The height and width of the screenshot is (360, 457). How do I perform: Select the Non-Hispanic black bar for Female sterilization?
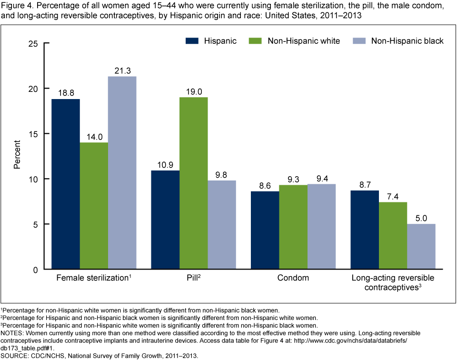(122, 172)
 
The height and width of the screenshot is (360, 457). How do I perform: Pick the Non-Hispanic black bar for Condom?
(321, 226)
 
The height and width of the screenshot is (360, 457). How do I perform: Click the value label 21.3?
(122, 70)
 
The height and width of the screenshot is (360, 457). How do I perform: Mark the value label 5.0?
(421, 218)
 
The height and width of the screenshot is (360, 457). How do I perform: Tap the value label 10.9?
(165, 164)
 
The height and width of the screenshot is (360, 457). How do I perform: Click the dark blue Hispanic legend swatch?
(192, 41)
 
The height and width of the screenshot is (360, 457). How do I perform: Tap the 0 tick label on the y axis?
(35, 270)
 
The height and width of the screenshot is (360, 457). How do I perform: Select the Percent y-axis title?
(17, 156)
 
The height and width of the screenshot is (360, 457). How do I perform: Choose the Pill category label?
(192, 278)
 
